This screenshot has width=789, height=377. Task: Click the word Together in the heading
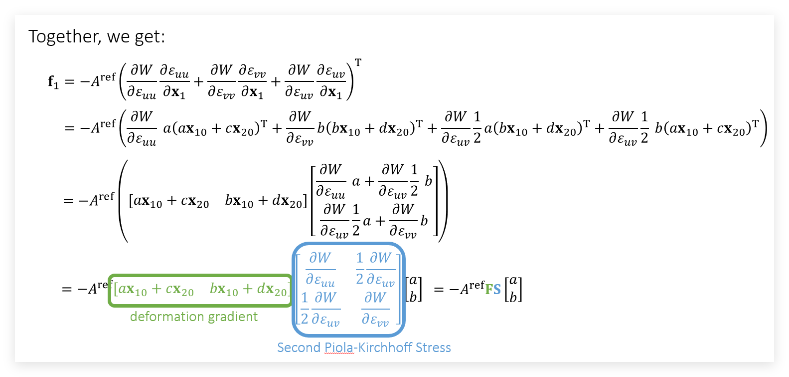click(63, 36)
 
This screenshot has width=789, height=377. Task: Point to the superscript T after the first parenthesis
click(358, 63)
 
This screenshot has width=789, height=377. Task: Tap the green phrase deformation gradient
click(194, 317)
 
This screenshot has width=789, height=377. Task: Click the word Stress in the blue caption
click(430, 348)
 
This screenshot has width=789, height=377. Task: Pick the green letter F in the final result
click(489, 290)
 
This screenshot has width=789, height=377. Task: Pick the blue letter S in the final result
click(497, 290)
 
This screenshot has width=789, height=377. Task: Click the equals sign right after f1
click(70, 81)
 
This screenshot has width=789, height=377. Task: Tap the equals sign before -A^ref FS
click(439, 290)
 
